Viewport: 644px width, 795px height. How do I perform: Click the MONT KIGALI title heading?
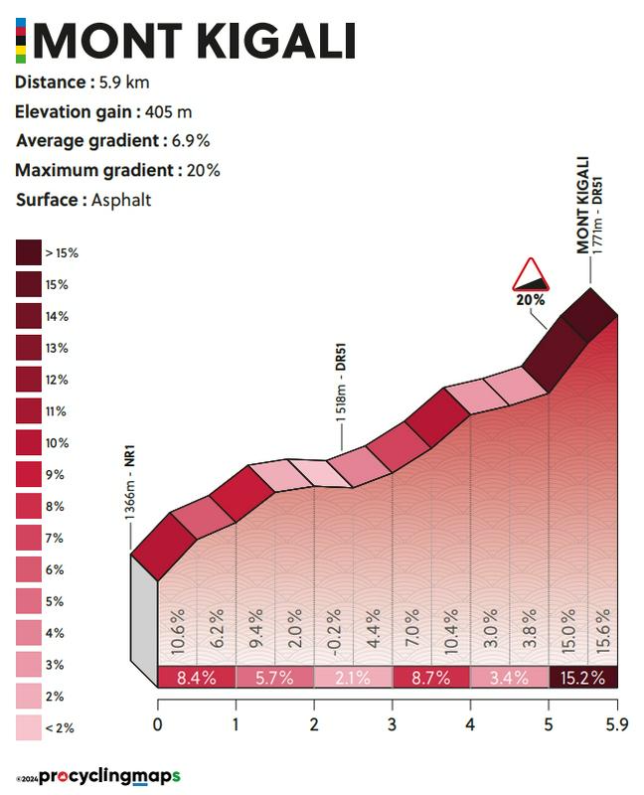coord(195,41)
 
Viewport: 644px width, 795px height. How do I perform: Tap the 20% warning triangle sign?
coord(530,274)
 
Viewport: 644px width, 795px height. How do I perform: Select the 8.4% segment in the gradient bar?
coord(197,678)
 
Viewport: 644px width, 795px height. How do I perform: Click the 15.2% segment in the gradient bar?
coord(582,678)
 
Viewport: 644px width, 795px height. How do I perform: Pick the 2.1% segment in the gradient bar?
coord(353,678)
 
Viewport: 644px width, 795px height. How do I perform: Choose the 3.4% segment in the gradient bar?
coord(509,678)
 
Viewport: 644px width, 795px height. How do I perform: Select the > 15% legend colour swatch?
coord(28,252)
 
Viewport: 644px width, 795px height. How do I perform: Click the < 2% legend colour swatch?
coord(28,728)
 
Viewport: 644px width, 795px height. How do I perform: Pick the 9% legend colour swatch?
coord(28,474)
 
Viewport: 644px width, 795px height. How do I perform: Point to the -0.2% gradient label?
coord(334,630)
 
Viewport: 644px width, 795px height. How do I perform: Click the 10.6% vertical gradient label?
coord(177,630)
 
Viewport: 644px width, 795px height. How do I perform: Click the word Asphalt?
coord(121,200)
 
